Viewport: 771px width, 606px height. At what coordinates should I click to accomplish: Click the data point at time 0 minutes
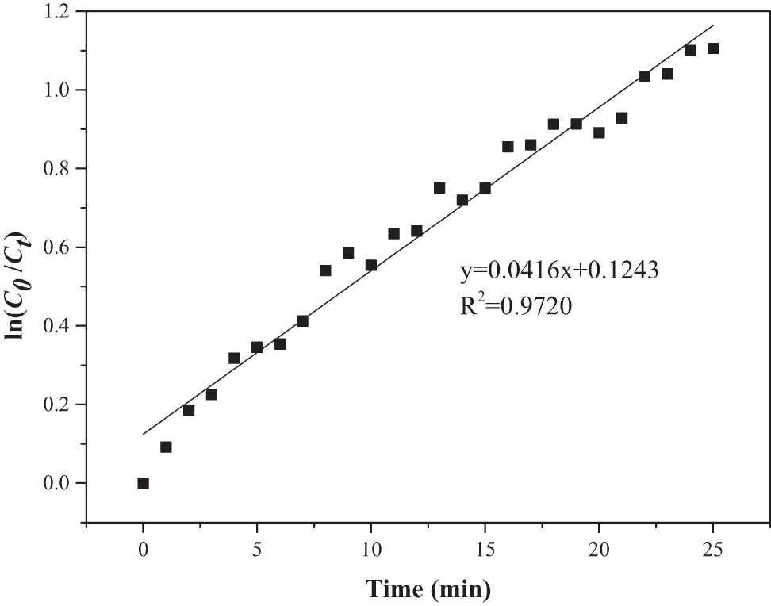click(x=143, y=483)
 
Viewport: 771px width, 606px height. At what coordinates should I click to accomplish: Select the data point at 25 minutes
click(x=713, y=48)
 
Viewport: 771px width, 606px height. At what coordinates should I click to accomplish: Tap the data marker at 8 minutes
click(x=325, y=270)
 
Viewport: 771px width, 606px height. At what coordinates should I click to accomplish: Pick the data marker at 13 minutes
click(x=439, y=188)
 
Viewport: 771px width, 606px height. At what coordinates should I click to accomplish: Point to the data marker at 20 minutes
click(x=599, y=132)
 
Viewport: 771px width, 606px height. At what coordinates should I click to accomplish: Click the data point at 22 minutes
click(x=645, y=76)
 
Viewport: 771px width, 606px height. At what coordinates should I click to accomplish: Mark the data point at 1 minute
click(x=166, y=447)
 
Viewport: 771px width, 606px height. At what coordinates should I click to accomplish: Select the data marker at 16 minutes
click(x=508, y=147)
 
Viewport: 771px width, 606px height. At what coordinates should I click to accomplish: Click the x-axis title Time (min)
click(x=428, y=589)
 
